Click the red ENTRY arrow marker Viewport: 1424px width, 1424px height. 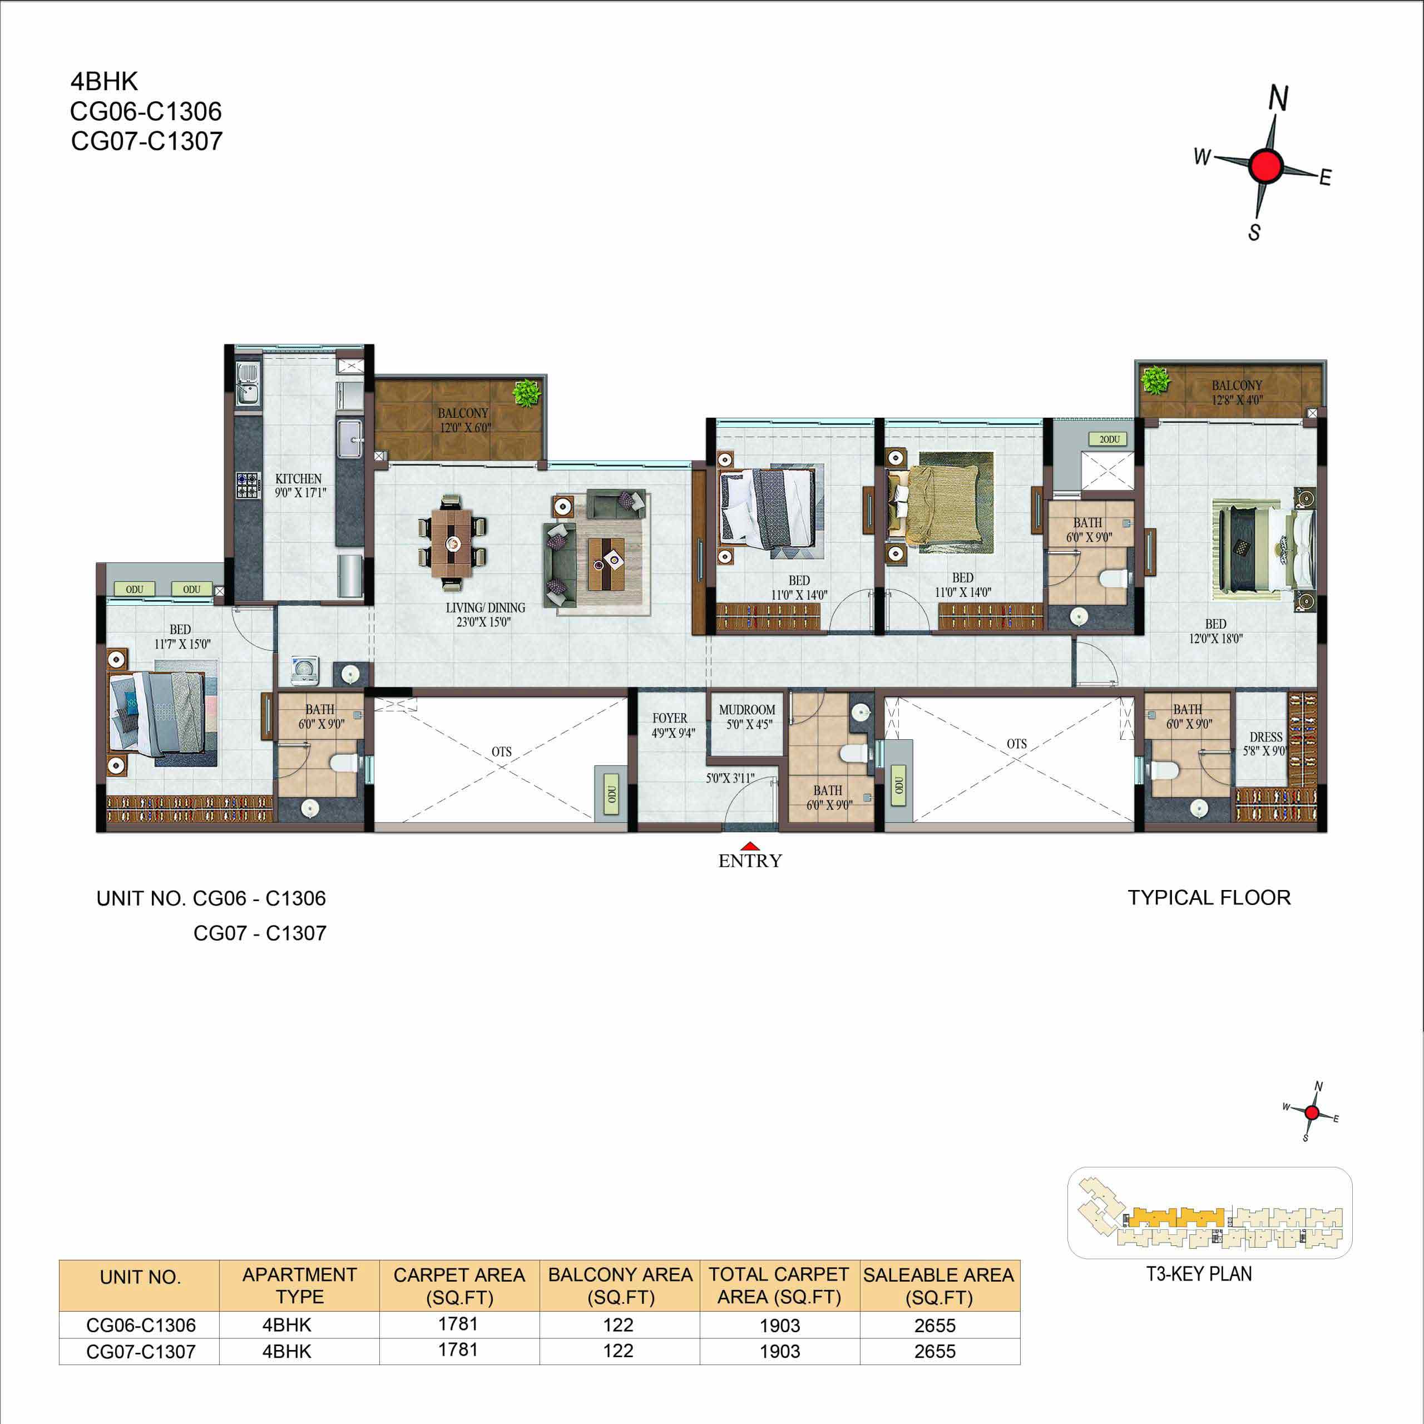750,846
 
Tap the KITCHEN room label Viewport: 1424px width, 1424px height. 299,478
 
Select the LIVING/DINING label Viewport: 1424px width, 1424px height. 485,608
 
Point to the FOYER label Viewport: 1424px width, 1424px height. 669,718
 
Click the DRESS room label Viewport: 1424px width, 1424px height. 1265,737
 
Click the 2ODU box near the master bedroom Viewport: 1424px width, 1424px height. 1109,439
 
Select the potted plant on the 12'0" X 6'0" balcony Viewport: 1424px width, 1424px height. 527,393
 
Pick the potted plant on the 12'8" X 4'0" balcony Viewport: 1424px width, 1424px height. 1155,381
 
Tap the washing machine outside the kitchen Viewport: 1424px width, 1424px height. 304,669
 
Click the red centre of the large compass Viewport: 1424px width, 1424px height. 1266,165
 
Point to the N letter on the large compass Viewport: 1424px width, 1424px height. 1279,98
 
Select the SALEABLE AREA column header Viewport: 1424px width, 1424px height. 939,1286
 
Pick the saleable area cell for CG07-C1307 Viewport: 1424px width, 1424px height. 934,1352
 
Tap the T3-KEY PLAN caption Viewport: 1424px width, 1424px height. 1199,1274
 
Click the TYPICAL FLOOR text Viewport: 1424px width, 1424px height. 1209,898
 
